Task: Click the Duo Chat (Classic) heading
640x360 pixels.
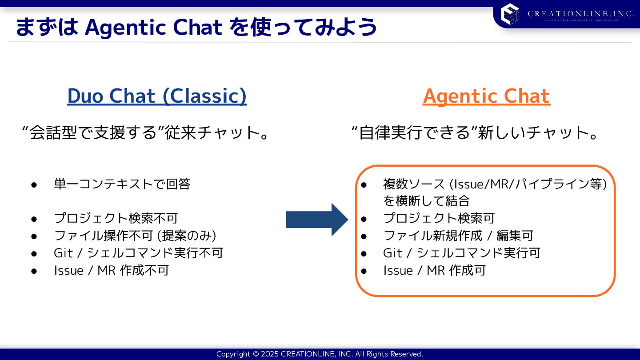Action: (x=157, y=96)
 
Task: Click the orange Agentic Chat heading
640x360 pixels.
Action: (x=486, y=96)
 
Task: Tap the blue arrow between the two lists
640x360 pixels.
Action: (x=316, y=219)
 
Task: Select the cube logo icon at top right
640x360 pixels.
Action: (x=510, y=14)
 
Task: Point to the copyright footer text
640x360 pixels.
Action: (x=320, y=354)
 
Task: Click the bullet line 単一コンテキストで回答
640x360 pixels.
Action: (x=122, y=184)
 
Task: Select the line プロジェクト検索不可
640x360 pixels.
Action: (x=116, y=218)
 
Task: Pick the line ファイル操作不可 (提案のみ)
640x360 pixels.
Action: (x=135, y=236)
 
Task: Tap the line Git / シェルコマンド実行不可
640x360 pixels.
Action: (x=138, y=253)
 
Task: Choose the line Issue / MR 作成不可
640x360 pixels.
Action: (x=111, y=270)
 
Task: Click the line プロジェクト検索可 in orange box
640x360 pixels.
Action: (x=439, y=218)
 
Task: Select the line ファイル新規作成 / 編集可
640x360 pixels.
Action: (x=458, y=236)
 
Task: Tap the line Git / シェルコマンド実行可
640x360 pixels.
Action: (x=461, y=253)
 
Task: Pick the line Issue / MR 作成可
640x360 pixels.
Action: (x=434, y=270)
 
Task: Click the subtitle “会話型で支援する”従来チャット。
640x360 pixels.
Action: (x=146, y=133)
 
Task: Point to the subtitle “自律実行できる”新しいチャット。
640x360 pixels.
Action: (x=475, y=133)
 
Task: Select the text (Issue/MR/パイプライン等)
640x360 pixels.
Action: (x=528, y=184)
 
